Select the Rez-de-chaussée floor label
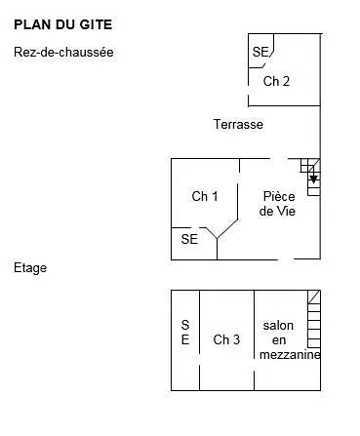pos(64,53)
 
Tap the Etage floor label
pos(30,267)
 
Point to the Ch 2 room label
pos(276,82)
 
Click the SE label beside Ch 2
pos(260,53)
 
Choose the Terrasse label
pos(238,125)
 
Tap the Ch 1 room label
pos(204,197)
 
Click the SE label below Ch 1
pos(189,239)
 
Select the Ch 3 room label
pos(226,339)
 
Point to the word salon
pos(279,325)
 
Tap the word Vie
pos(284,211)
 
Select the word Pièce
pos(279,196)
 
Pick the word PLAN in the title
pos(29,20)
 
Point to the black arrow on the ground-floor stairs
pos(312,179)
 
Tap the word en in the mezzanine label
pos(279,339)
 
